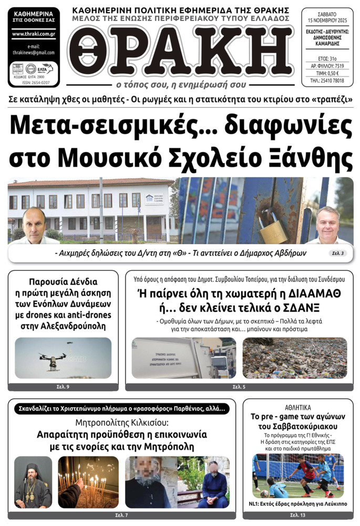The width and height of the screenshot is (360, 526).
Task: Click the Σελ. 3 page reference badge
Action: tap(337, 254)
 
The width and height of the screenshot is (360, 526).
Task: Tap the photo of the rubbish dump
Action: tap(294, 358)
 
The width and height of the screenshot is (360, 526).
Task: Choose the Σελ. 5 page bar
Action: tap(239, 387)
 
